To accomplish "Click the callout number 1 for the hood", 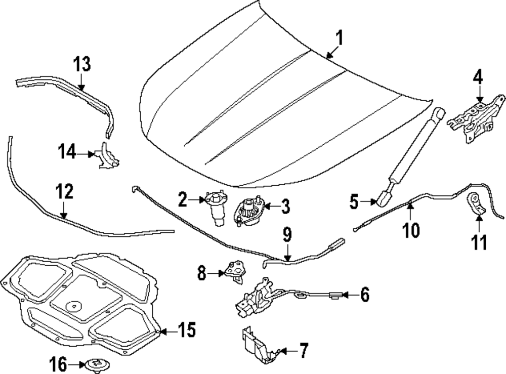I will click(339, 38).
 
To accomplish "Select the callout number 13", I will click(81, 65).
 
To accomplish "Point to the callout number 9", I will click(287, 235).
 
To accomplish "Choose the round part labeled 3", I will click(248, 211).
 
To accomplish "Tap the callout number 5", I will click(354, 202).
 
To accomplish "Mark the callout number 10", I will click(411, 230).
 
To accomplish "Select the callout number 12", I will click(64, 193).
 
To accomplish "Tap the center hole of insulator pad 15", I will click(74, 305).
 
